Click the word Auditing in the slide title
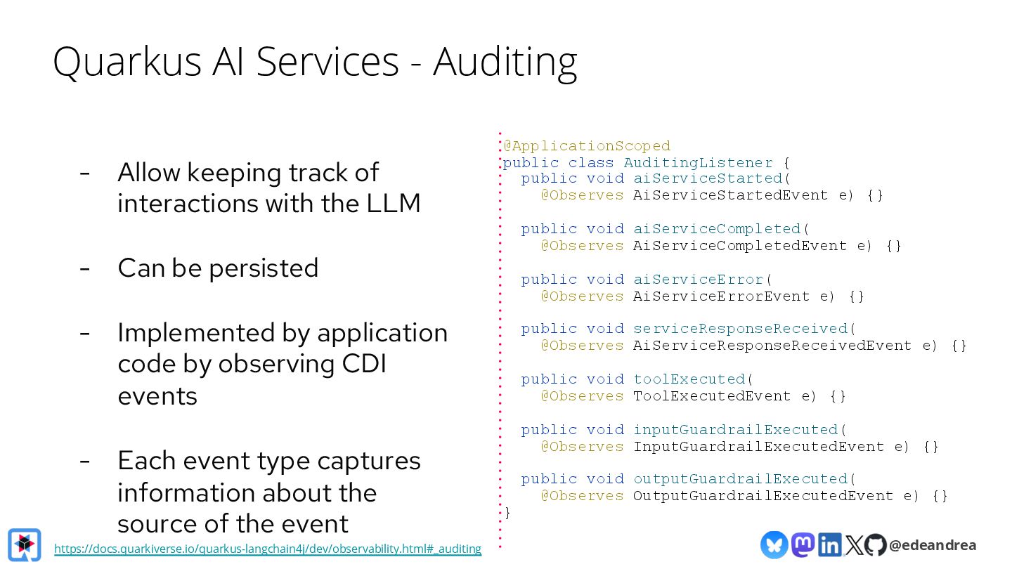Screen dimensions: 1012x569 coord(505,62)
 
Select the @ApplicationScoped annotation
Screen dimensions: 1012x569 coord(587,146)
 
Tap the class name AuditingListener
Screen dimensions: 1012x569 coord(698,163)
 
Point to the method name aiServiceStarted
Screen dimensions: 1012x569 coord(708,178)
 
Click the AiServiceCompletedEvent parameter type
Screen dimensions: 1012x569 coord(740,246)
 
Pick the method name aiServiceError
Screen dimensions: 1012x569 coord(698,280)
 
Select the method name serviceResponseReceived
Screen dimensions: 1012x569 coord(740,329)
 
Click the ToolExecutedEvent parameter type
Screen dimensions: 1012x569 coord(712,396)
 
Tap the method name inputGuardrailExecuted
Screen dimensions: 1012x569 coord(736,430)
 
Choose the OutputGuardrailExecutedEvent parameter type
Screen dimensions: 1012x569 coord(763,496)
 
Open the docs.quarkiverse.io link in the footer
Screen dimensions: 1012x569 coord(268,549)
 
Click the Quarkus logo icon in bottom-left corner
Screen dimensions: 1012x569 coord(25,544)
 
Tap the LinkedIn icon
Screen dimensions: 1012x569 coord(829,544)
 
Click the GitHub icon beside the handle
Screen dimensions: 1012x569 coord(875,544)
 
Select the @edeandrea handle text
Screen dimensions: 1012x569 coord(932,545)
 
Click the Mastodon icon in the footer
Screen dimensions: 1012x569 coord(803,544)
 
